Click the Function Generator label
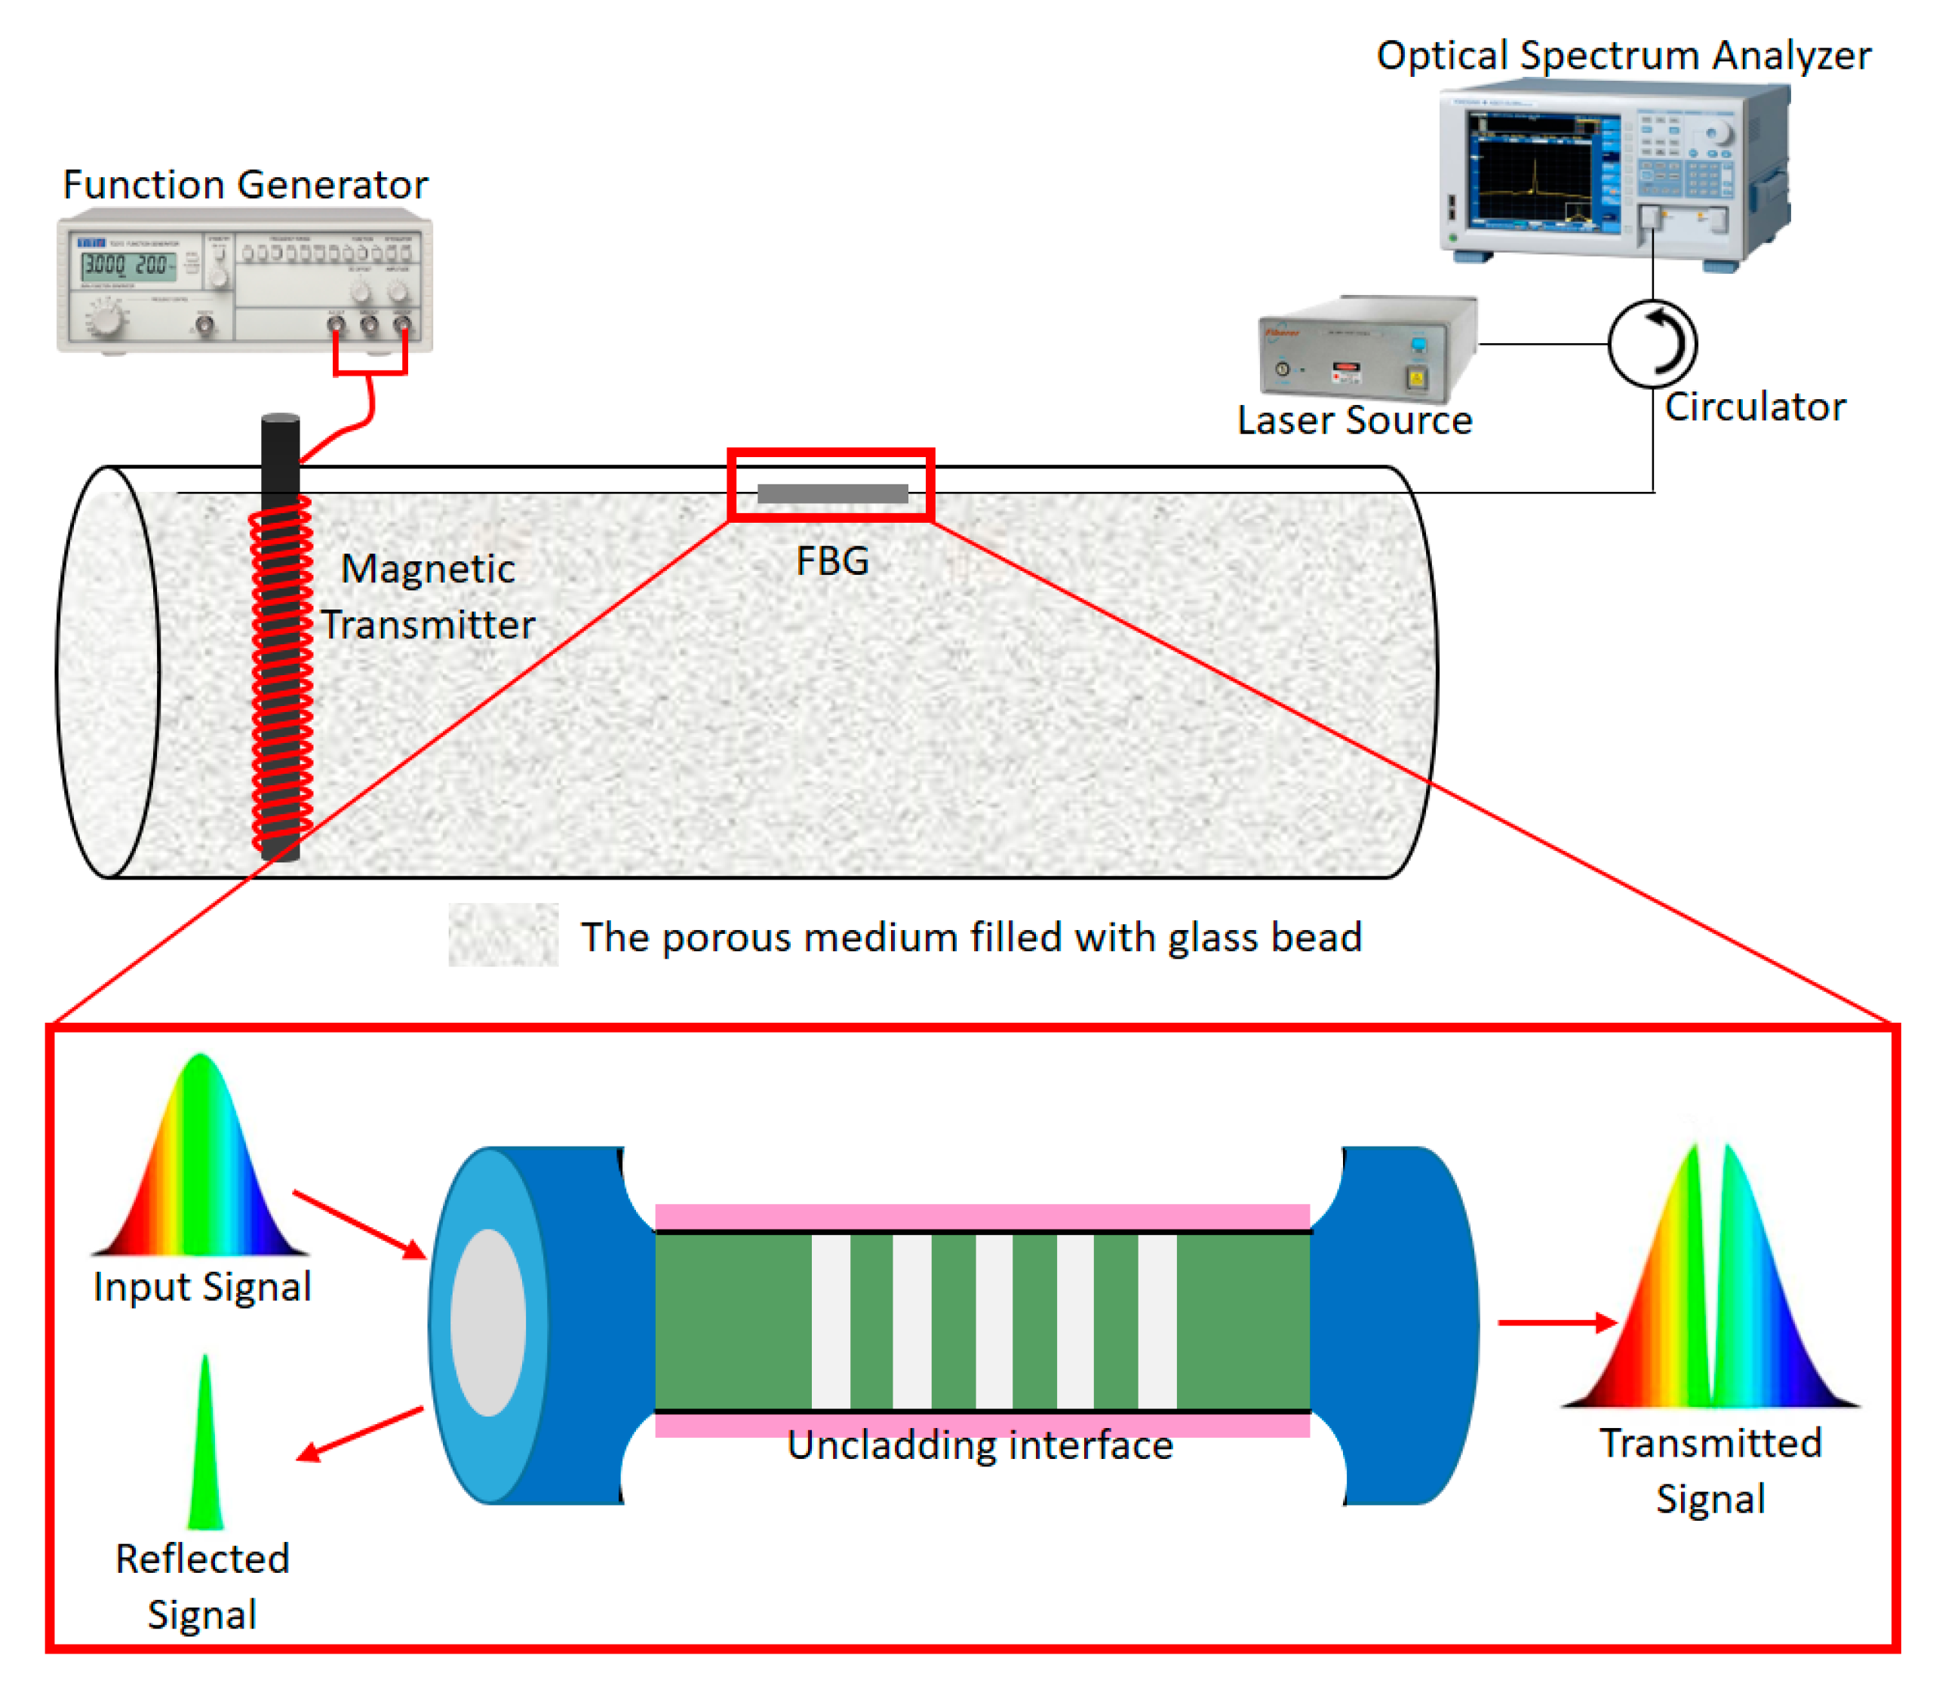click(x=244, y=184)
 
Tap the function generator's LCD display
click(x=128, y=266)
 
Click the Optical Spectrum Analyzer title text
click(x=1622, y=56)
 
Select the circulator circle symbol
click(x=1652, y=344)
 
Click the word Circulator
click(x=1753, y=407)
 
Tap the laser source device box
click(x=1367, y=349)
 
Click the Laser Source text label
click(x=1354, y=420)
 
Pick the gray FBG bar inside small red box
click(x=832, y=493)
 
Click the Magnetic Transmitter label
click(x=428, y=597)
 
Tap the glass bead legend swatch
click(x=502, y=935)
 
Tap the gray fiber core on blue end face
click(x=488, y=1322)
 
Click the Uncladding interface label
click(x=979, y=1445)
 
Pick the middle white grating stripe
click(x=994, y=1321)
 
